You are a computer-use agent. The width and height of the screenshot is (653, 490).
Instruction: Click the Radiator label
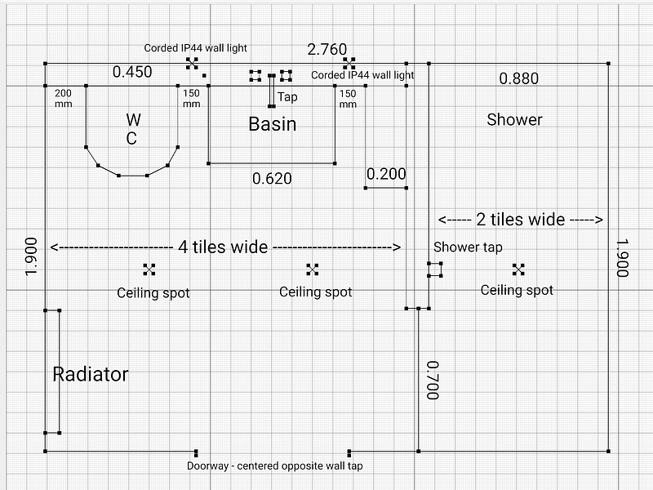coord(91,375)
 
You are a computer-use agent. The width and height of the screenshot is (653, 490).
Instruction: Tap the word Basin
coord(272,125)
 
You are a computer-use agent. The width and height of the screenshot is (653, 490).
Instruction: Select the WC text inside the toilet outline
coord(131,129)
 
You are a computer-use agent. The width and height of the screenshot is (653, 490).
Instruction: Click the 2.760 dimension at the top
coord(326,49)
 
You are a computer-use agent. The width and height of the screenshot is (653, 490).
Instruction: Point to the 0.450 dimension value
coord(132,73)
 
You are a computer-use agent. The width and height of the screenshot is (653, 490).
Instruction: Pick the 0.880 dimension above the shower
coord(519,79)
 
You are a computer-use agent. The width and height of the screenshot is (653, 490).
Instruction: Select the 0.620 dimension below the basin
coord(272,178)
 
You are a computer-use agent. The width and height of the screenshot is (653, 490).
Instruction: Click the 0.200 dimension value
coord(386,174)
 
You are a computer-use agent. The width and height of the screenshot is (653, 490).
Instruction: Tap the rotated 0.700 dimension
coord(433,381)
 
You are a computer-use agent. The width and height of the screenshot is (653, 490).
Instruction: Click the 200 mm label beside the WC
coord(63,99)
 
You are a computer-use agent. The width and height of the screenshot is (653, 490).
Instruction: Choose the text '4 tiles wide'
coord(224,247)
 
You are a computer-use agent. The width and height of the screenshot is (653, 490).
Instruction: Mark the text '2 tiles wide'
coord(520,220)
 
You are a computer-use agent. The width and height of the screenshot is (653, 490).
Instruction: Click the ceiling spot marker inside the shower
coord(518,269)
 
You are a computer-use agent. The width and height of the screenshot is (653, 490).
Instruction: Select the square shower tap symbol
coord(435,269)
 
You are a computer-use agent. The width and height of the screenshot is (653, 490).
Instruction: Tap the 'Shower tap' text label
coord(468,247)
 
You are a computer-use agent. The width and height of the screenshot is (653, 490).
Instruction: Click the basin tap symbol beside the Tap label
coord(272,91)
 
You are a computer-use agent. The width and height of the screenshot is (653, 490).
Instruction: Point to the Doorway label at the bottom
coord(275,466)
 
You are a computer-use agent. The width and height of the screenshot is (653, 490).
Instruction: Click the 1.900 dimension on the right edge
coord(622,259)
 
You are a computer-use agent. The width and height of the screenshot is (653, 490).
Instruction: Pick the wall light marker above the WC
coord(192,62)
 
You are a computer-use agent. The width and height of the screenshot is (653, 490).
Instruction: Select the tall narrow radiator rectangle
coord(52,372)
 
